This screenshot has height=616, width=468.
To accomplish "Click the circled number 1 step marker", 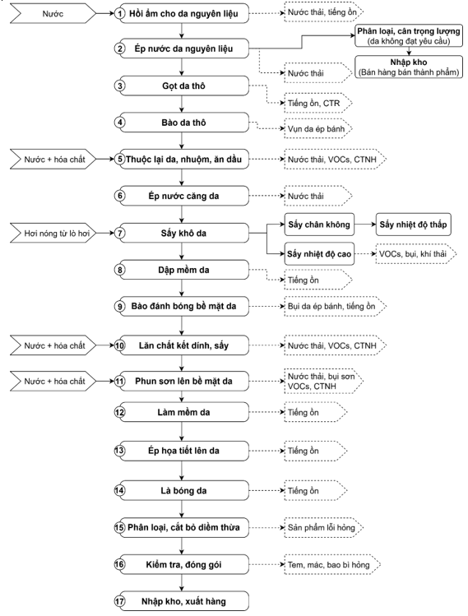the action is [119, 14].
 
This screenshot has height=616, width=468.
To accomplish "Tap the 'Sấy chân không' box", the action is [319, 225].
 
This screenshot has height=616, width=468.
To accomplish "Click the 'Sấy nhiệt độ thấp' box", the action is [414, 225].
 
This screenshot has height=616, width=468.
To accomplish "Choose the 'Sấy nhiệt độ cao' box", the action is [319, 254].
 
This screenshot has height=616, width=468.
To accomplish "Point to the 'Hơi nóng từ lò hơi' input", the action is [53, 234].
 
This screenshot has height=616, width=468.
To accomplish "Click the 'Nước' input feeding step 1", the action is [53, 14].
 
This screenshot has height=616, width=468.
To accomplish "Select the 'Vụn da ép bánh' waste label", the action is [317, 129].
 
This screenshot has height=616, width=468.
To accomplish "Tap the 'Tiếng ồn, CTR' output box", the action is [317, 104].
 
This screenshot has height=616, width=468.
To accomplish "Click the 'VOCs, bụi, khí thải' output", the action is [415, 254].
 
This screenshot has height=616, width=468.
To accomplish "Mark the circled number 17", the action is [119, 601].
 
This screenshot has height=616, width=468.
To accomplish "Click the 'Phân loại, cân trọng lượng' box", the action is [409, 35].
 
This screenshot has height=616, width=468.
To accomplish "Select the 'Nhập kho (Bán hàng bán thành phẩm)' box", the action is [409, 67].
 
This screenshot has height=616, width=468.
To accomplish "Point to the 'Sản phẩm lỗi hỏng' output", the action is [323, 527].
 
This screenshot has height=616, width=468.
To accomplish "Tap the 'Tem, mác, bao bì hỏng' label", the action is [332, 564].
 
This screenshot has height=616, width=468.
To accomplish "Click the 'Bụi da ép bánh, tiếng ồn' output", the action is [336, 306].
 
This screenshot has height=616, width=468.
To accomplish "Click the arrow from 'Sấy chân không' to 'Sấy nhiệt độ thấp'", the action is [365, 225].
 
